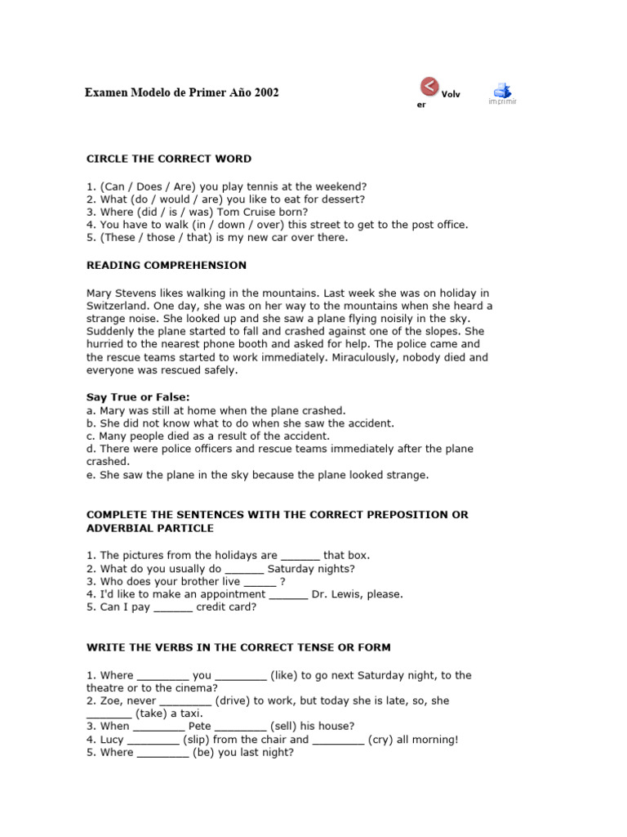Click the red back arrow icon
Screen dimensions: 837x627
(x=429, y=86)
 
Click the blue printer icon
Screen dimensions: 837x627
(x=502, y=90)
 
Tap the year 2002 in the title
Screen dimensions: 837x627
(x=266, y=92)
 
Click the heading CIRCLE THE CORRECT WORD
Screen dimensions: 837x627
(x=169, y=159)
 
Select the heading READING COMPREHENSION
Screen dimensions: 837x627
(x=167, y=266)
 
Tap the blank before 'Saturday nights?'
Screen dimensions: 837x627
(x=244, y=569)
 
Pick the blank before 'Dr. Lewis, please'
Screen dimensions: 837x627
(x=288, y=594)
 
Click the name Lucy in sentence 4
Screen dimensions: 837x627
(x=111, y=740)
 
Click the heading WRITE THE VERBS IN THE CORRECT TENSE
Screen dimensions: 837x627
(x=238, y=647)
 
